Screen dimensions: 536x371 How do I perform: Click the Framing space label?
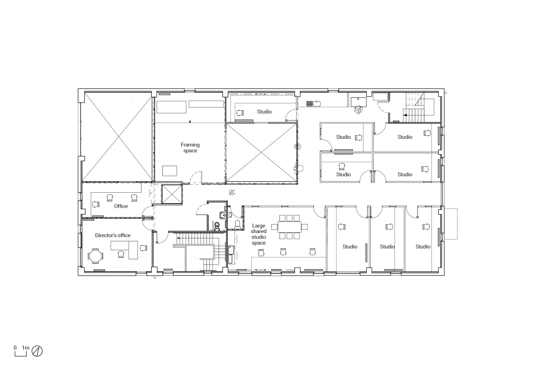click(190, 148)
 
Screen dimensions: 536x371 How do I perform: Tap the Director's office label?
click(113, 235)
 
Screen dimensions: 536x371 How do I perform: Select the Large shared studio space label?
click(259, 234)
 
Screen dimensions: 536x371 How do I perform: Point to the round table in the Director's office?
click(95, 256)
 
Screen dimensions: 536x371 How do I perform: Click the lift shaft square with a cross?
click(172, 194)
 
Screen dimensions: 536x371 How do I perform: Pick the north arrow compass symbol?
click(37, 351)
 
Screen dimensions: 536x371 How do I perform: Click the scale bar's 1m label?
click(26, 348)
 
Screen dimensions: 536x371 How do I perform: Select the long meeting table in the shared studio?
click(289, 227)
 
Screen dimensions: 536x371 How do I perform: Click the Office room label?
click(121, 206)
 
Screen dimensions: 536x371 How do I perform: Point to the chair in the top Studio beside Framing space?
click(240, 113)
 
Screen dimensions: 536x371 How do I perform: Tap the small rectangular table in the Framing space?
click(170, 170)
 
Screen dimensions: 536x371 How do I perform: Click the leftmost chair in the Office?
click(96, 204)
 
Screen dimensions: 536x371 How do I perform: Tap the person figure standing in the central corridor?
click(232, 193)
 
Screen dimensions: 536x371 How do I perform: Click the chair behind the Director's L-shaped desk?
click(121, 254)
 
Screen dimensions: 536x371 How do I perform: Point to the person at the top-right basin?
click(358, 110)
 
